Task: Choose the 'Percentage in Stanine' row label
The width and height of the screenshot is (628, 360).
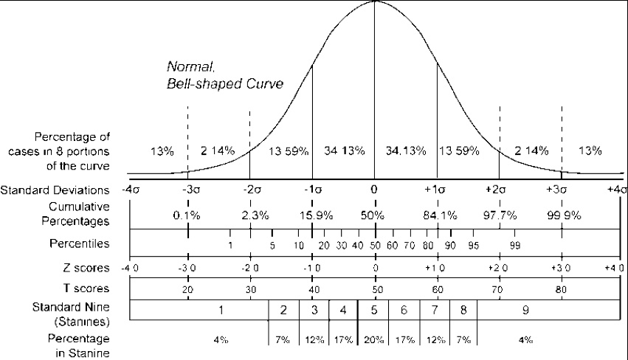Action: [x=76, y=345]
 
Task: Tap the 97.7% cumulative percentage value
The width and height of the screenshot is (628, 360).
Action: [x=500, y=215]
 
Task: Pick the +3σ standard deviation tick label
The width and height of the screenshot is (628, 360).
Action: [x=562, y=190]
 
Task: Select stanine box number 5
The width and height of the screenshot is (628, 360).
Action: [x=374, y=310]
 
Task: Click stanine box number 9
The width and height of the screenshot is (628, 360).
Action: [x=525, y=310]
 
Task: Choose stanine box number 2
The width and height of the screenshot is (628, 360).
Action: [x=283, y=310]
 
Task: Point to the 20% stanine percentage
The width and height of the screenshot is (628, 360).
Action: [x=374, y=340]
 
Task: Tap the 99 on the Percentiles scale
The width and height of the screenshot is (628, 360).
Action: [x=516, y=245]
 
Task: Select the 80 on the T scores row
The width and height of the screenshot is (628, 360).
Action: [x=562, y=291]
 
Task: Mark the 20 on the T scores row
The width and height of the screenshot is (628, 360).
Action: [x=188, y=291]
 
